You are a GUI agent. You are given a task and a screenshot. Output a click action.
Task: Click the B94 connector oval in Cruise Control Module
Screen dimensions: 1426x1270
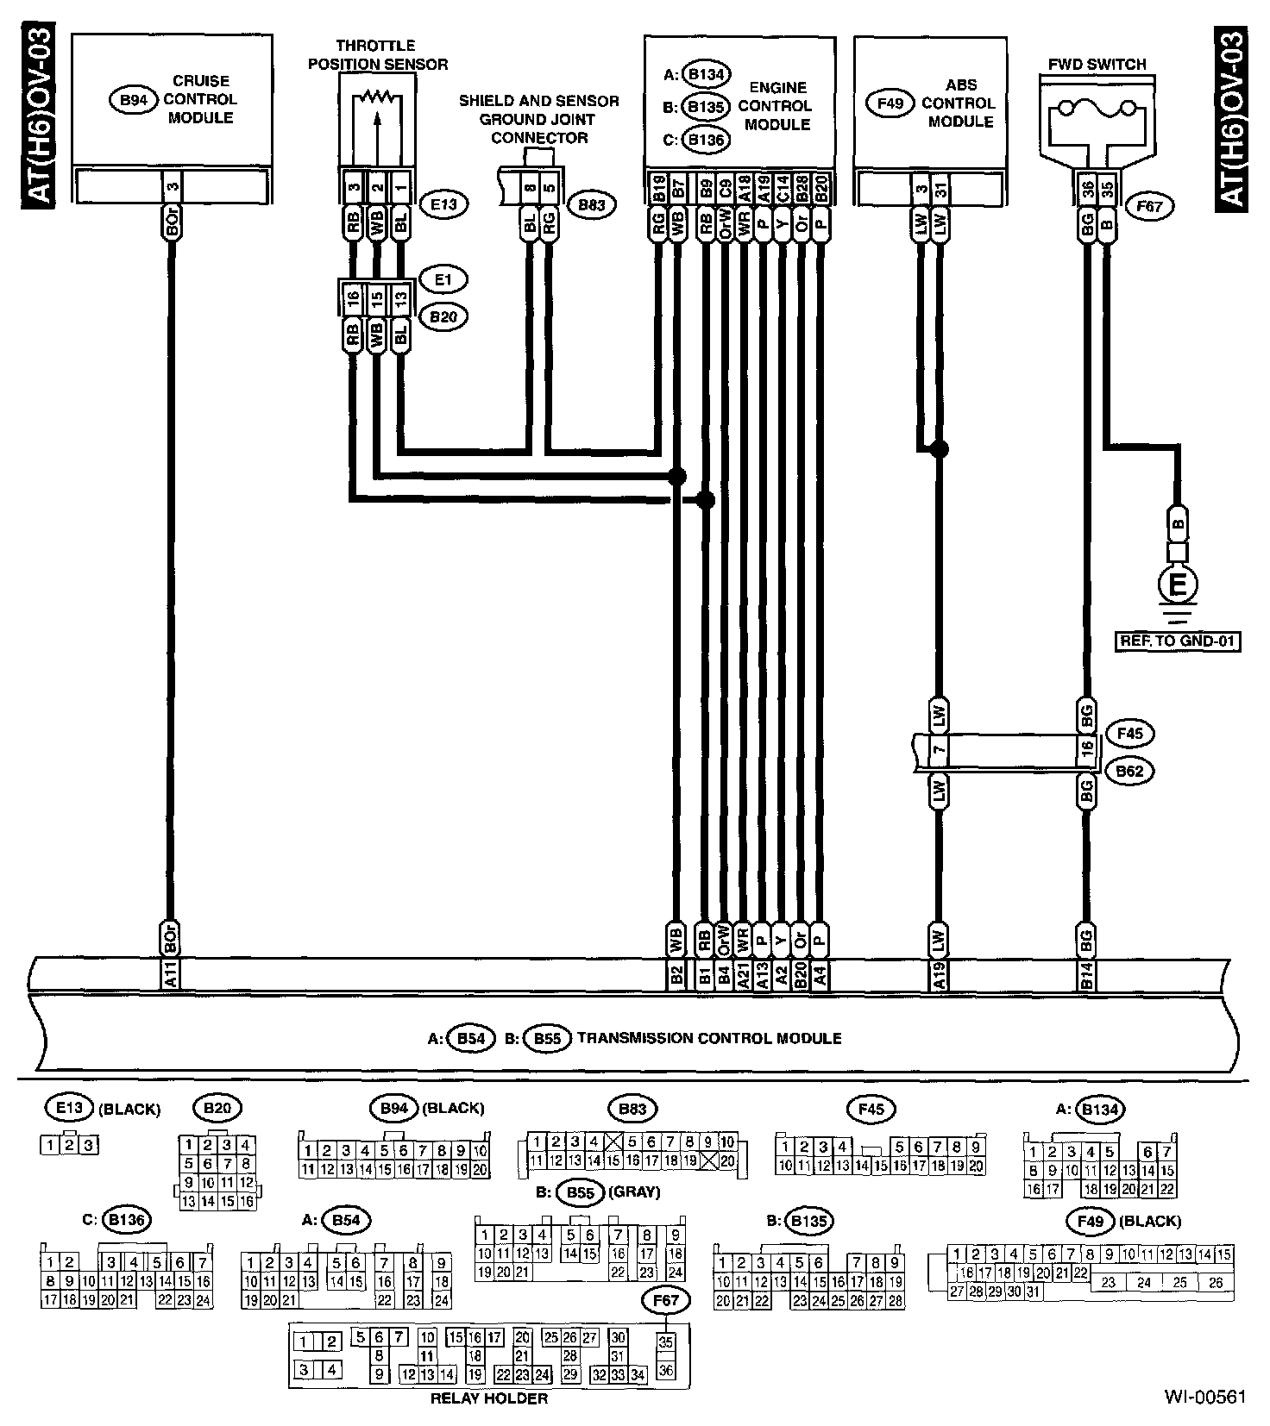point(132,100)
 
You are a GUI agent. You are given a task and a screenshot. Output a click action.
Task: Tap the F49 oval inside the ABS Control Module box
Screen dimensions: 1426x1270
point(890,103)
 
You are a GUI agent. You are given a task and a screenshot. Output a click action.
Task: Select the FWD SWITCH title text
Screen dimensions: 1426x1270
point(1097,65)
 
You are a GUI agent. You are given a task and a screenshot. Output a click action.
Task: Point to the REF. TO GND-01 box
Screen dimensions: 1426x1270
point(1178,641)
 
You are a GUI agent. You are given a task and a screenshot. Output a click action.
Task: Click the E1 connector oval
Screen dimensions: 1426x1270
point(443,279)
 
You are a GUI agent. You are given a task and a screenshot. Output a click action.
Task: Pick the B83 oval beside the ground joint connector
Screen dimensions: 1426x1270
point(591,205)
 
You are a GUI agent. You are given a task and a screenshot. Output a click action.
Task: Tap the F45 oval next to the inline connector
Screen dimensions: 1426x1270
point(1129,735)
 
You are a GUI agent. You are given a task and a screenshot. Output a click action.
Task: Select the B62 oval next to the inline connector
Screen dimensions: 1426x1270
point(1129,771)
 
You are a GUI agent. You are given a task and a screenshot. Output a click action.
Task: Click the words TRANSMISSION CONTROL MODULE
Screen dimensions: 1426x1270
point(709,1038)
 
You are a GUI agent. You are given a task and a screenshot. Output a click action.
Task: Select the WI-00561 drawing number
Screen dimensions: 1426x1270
point(1204,1397)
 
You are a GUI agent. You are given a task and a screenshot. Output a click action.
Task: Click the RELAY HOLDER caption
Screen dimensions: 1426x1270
point(489,1398)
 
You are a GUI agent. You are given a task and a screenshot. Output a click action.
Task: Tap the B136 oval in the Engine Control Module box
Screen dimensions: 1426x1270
point(706,140)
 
